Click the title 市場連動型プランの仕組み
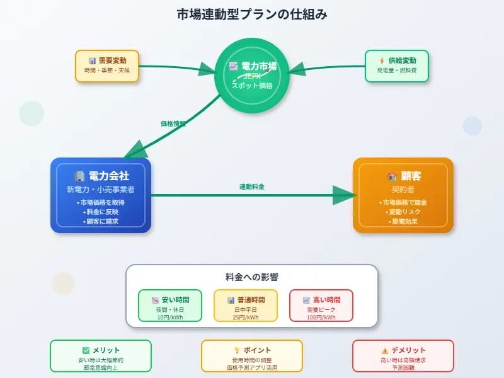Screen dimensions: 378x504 (252, 14)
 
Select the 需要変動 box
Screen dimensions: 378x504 (106, 66)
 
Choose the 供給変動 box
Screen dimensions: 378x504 (397, 66)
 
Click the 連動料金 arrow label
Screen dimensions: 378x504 (251, 187)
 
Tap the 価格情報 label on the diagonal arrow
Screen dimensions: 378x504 (173, 124)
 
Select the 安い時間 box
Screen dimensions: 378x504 (170, 306)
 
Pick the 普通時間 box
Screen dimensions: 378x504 (246, 306)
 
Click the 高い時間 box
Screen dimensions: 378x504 (321, 306)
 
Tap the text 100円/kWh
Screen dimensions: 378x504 (321, 318)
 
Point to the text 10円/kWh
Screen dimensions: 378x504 (170, 318)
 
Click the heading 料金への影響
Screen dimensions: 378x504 (252, 277)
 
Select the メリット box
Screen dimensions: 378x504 (101, 356)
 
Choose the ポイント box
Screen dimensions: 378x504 (252, 356)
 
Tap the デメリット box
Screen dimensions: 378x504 (403, 356)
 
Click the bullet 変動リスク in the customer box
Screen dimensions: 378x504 (403, 212)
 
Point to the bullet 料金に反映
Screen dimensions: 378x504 (101, 212)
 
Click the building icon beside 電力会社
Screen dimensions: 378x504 (79, 176)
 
